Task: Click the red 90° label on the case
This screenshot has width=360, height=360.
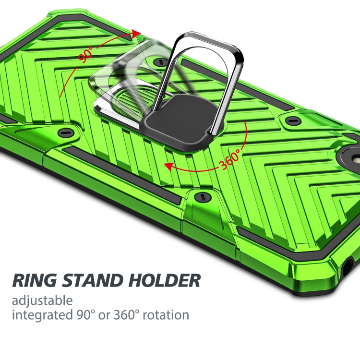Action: click(86, 55)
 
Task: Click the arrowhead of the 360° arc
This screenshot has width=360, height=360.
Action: click(168, 166)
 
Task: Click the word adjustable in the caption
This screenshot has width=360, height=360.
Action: click(42, 301)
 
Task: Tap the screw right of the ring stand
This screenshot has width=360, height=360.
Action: click(291, 120)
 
